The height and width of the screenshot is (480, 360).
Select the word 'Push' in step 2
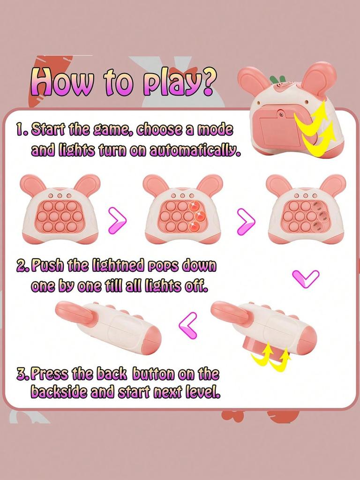tap(48, 266)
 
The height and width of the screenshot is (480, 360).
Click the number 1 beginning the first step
tap(20, 130)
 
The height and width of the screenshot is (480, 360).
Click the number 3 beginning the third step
tap(22, 374)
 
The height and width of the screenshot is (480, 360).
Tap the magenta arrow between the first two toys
tap(117, 220)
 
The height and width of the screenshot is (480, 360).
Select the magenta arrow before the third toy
tap(246, 220)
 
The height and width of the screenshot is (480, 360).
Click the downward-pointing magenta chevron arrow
tap(306, 279)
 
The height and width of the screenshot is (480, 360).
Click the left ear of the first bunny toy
tap(33, 185)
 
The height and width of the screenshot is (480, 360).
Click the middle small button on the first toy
tap(60, 195)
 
